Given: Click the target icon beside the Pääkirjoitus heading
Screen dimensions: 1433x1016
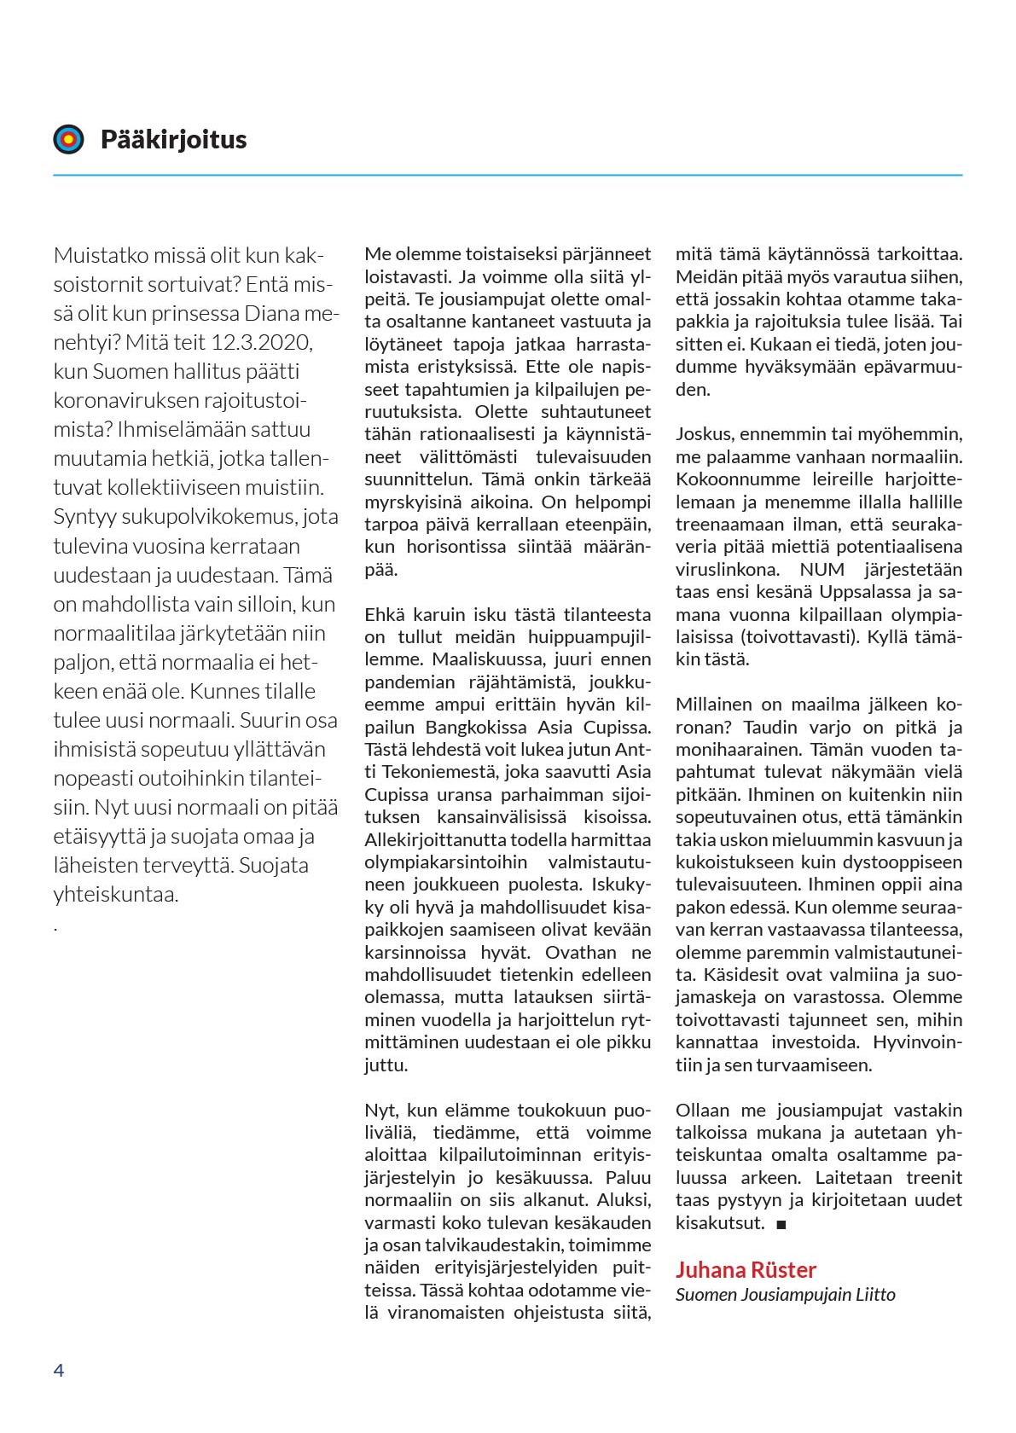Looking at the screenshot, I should tap(69, 139).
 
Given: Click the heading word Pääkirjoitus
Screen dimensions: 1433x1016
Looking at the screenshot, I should tap(173, 140).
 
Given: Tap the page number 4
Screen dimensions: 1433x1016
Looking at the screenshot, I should tap(59, 1370).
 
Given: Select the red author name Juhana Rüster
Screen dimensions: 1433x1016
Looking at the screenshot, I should tap(746, 1269).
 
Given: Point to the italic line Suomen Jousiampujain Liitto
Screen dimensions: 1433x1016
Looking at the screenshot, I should tap(785, 1294).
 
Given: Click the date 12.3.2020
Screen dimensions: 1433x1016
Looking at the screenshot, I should tap(262, 343).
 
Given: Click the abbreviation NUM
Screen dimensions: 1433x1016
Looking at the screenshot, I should tap(822, 569).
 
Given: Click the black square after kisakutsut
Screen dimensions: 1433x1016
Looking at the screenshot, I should tap(781, 1224).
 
